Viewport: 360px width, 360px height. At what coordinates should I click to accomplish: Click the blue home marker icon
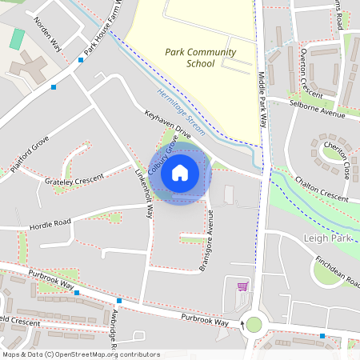(180, 172)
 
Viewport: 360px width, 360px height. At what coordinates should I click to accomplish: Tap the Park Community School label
(201, 58)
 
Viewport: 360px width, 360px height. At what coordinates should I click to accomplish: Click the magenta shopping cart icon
(242, 286)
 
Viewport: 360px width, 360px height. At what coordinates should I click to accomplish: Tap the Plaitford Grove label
(30, 157)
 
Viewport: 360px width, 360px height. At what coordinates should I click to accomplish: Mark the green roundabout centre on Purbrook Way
(254, 324)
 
